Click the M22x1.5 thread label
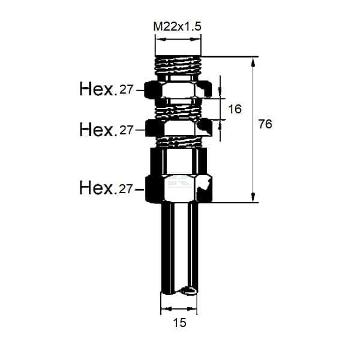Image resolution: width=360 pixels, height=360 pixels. [177, 26]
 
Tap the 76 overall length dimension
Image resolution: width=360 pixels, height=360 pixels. [265, 124]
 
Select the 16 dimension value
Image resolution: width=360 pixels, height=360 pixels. [235, 109]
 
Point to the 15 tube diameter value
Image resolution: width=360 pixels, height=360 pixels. [179, 323]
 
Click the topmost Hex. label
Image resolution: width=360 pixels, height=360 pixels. [97, 89]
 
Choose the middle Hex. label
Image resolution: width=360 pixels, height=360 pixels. [97, 130]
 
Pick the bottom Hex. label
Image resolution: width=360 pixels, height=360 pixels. [97, 188]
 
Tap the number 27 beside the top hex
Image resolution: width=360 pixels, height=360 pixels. [126, 89]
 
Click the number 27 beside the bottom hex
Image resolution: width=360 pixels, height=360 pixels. [126, 189]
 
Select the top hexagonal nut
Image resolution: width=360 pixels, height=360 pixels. [178, 89]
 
